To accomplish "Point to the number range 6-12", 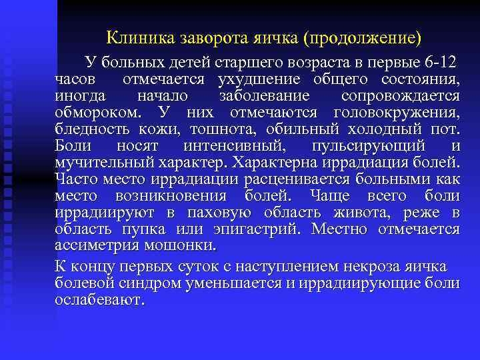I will tap(440, 64).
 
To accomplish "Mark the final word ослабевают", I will tap(99, 300).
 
